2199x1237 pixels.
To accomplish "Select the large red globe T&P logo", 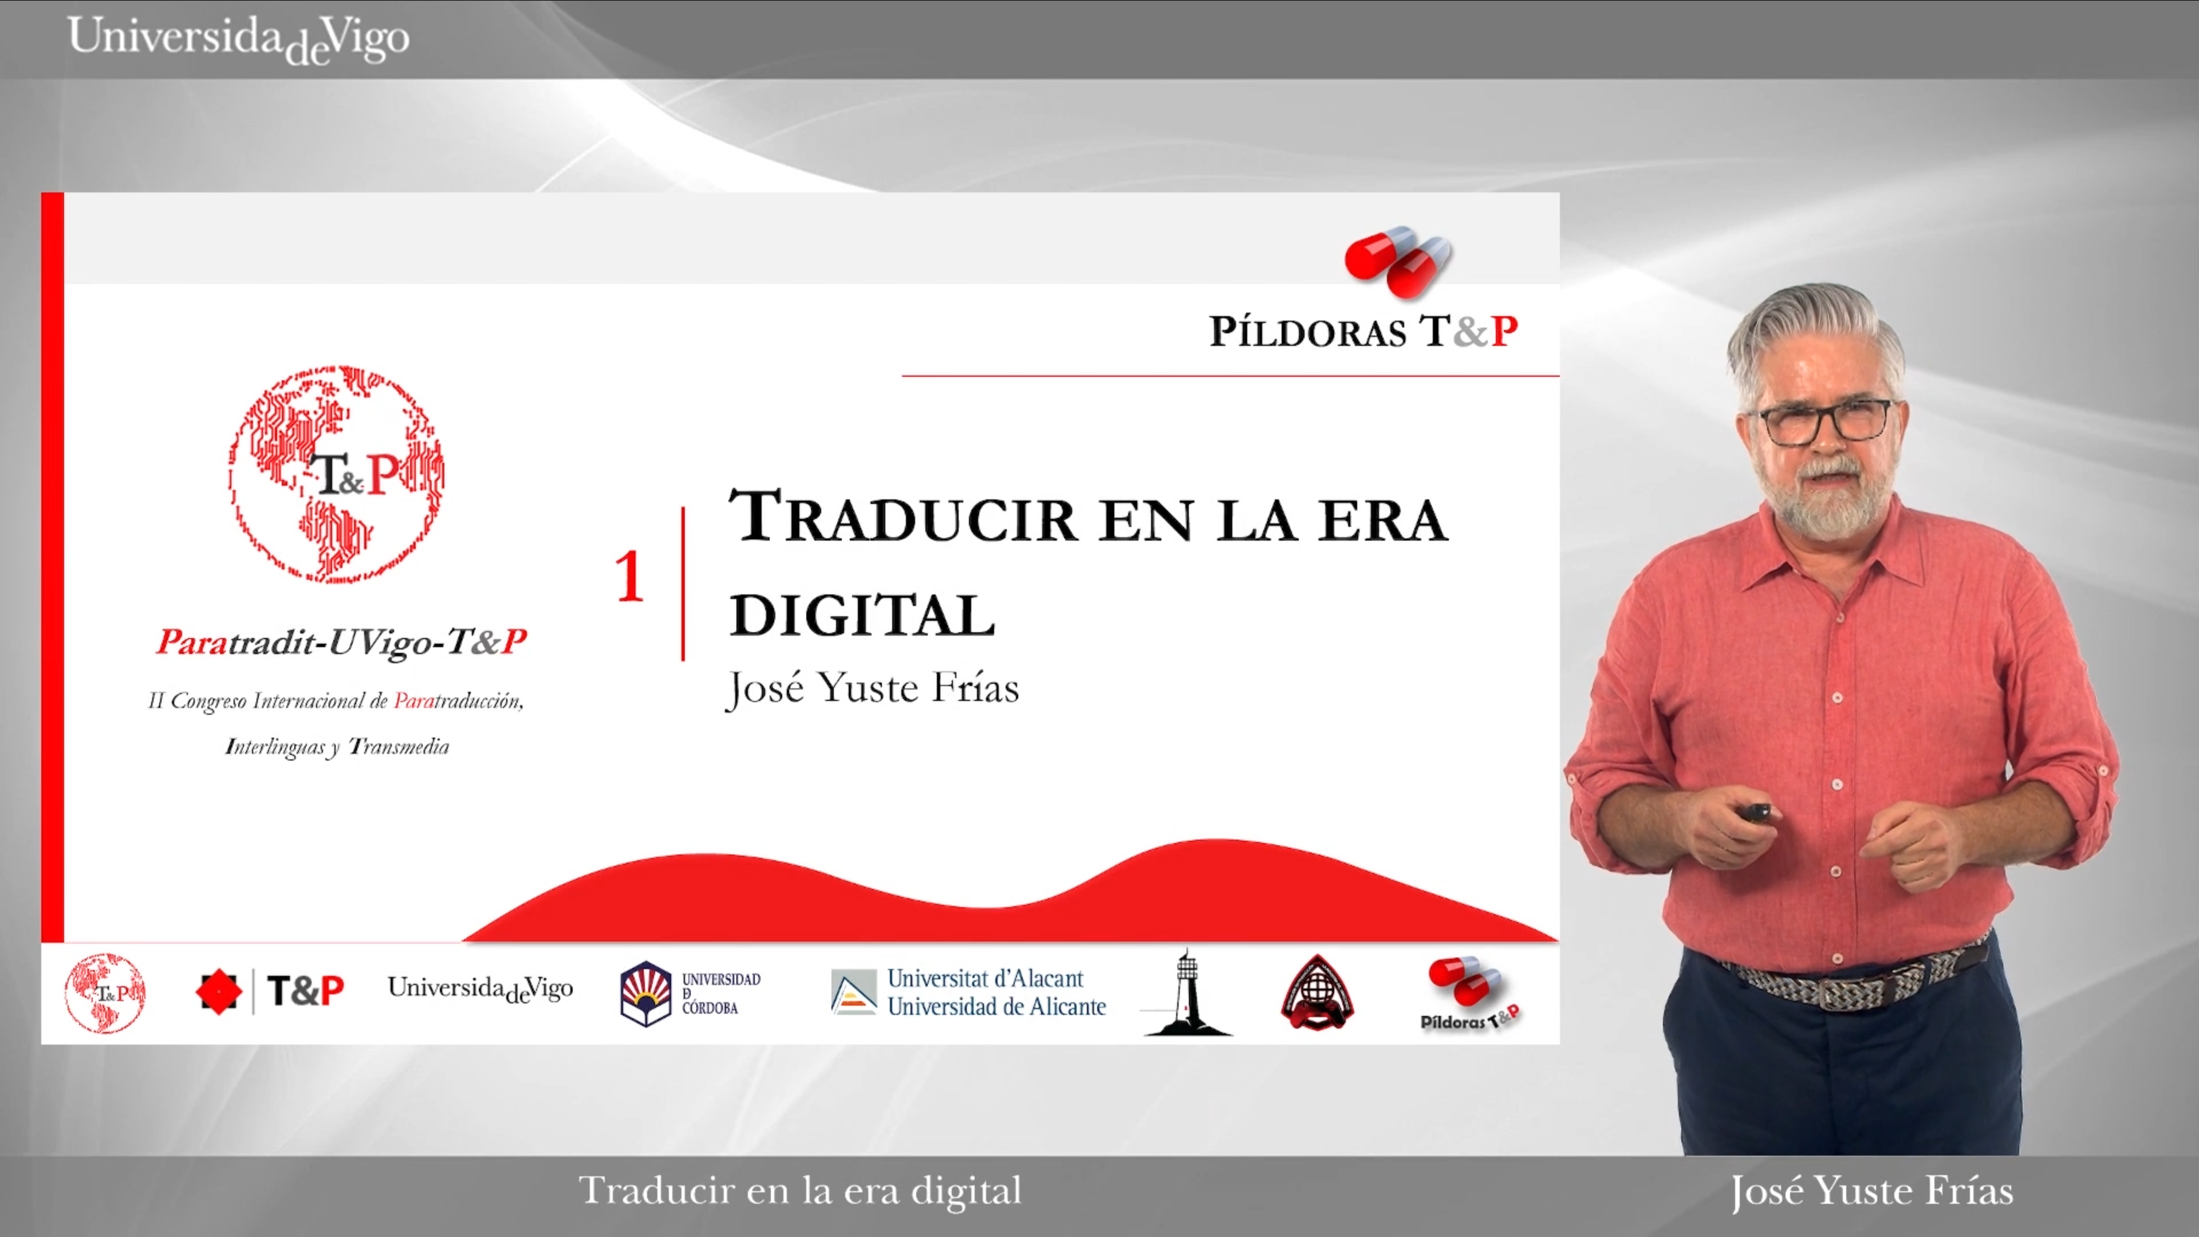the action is (x=336, y=475).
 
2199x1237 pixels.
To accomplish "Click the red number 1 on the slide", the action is (x=630, y=577).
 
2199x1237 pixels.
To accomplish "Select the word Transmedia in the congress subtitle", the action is (x=399, y=747).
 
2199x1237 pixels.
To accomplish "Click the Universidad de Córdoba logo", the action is (x=689, y=993).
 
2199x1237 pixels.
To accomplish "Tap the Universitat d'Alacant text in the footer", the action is (x=985, y=978).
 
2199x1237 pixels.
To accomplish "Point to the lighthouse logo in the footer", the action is (x=1187, y=993).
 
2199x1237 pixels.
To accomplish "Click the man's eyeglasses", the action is (x=1824, y=421).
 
